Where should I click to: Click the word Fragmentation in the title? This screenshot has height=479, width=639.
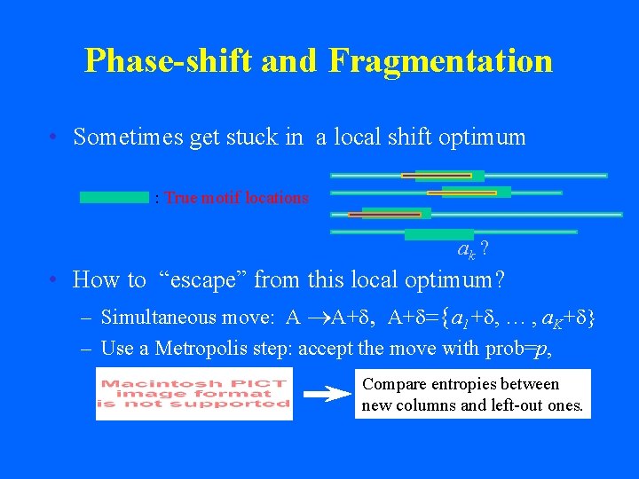point(440,60)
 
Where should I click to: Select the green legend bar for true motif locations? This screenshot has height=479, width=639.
point(114,197)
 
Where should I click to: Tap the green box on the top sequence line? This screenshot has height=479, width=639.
point(449,176)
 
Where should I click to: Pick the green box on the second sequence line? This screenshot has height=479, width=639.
point(477,192)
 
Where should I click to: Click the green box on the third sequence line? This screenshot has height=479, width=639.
point(396,213)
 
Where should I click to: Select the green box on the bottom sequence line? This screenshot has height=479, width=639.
point(438,234)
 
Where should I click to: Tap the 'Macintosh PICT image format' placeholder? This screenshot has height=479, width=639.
point(193,394)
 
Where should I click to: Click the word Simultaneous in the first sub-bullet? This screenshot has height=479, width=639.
point(159,317)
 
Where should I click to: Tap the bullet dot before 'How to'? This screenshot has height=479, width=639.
point(55,280)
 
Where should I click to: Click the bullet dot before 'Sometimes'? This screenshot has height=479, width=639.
point(55,137)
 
